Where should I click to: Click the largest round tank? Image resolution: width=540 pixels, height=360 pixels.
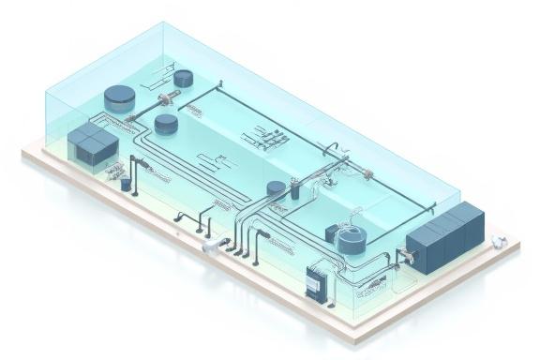(x=119, y=94)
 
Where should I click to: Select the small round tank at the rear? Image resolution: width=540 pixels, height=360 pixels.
(x=180, y=79)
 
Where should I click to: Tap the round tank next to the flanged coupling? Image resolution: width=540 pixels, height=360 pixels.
(x=166, y=122)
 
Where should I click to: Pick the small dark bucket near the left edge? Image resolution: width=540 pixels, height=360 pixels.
(x=126, y=184)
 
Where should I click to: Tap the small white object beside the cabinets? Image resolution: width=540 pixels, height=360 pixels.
(x=501, y=241)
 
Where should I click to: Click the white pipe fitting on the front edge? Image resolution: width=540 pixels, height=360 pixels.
(x=214, y=247)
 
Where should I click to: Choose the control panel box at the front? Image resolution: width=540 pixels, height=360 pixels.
(x=317, y=279)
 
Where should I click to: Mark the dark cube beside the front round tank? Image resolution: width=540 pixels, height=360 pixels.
(x=331, y=232)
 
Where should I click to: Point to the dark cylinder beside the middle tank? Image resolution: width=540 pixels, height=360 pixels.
(x=293, y=191)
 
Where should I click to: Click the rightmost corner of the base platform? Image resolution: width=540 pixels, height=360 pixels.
(x=521, y=246)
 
